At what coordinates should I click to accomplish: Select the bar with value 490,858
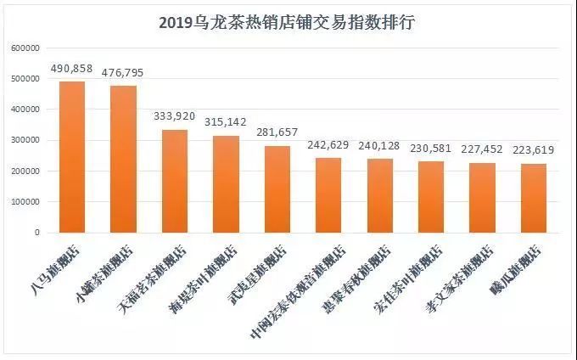click(71, 156)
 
